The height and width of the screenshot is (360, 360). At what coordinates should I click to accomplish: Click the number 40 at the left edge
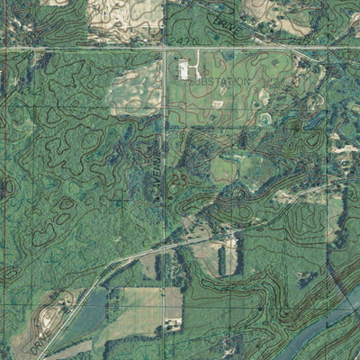[7, 186]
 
